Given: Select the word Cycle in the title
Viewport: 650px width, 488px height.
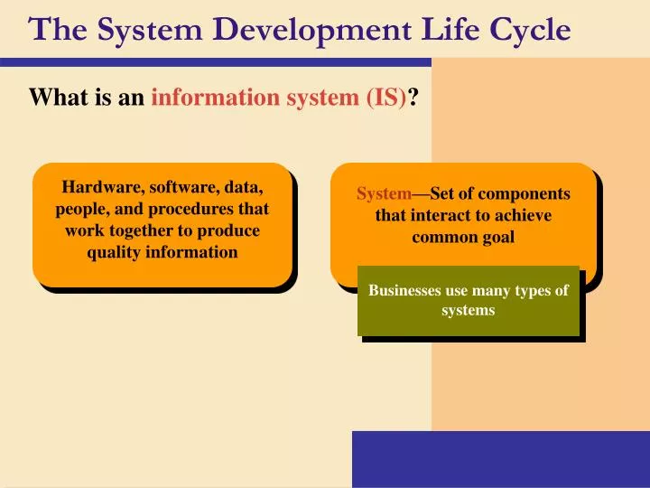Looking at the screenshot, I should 532,30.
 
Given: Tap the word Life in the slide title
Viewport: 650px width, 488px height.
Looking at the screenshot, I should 449,30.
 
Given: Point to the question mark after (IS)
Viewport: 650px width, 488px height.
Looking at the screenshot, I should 413,98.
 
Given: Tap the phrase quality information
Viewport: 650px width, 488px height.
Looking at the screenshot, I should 162,252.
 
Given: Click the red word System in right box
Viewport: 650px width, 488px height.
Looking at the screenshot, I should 384,194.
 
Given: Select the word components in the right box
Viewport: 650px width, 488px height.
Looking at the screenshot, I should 524,194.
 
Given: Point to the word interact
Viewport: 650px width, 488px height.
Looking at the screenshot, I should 442,216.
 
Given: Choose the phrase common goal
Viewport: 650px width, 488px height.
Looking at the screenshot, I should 463,238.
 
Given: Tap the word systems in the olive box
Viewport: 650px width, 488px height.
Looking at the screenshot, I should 468,310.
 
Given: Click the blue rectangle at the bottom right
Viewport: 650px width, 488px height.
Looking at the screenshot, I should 500,459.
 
